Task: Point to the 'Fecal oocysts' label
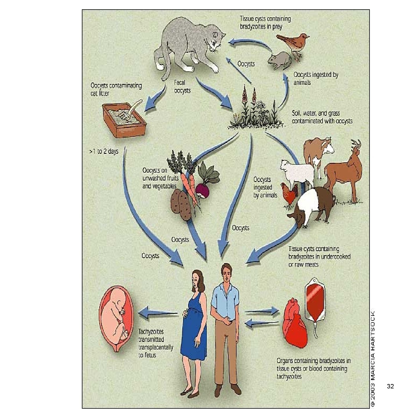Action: (x=182, y=87)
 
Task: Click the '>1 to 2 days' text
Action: (x=104, y=151)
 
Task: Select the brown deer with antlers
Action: (x=344, y=171)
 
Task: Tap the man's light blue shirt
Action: (x=225, y=299)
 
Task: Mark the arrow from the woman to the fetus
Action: (x=158, y=313)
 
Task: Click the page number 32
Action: (x=390, y=386)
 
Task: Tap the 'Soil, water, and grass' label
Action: (x=322, y=117)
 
